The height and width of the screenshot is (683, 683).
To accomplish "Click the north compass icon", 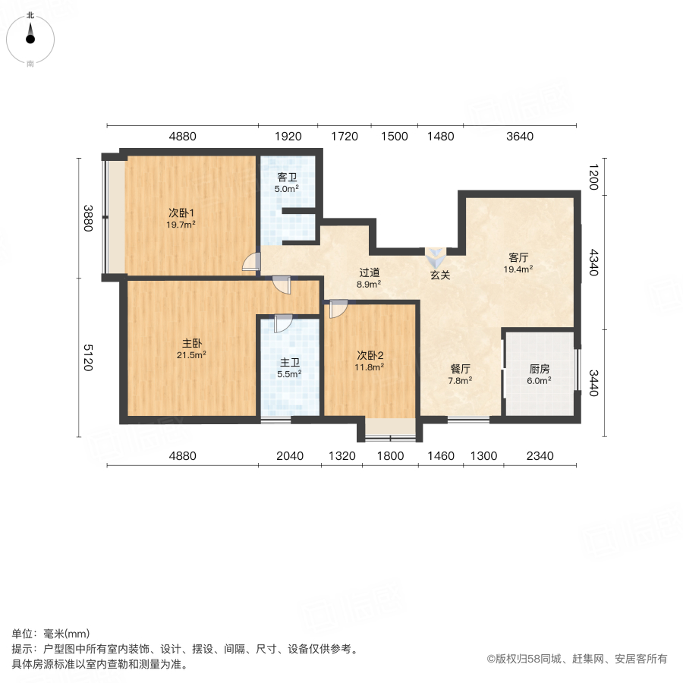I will coord(30,34).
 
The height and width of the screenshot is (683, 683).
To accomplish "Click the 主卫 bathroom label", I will coord(289,361).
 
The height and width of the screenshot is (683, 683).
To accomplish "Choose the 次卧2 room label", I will coord(370,354).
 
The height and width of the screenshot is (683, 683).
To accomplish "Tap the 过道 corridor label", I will coord(369,272).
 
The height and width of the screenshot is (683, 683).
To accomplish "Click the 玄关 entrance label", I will coord(440,275).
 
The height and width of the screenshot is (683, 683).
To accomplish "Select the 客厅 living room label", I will coord(518,257).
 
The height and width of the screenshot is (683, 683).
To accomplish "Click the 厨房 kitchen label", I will coord(540,369).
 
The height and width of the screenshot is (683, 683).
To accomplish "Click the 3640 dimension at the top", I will coord(521,137).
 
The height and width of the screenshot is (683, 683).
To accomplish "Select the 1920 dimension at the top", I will coord(288,137).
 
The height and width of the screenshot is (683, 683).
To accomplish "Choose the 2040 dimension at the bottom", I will coord(290,456).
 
